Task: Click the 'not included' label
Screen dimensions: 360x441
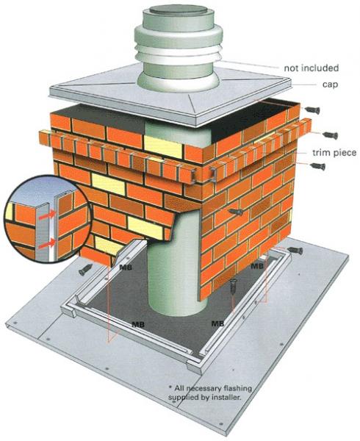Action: point(311,68)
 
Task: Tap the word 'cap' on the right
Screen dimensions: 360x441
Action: point(330,85)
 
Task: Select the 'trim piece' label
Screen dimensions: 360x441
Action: point(334,153)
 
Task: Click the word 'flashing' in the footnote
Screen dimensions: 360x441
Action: point(237,388)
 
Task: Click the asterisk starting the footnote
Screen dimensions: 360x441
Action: point(170,387)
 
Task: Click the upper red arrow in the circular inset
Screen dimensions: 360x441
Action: point(47,215)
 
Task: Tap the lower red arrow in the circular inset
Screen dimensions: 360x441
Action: point(47,244)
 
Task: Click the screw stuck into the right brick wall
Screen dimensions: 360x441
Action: point(236,212)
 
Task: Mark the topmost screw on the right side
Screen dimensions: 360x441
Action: point(312,110)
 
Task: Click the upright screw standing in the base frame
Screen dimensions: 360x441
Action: point(233,286)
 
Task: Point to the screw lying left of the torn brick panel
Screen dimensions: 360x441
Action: point(85,270)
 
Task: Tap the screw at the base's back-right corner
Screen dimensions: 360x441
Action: point(295,250)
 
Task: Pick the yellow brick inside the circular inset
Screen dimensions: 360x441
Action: point(10,211)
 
